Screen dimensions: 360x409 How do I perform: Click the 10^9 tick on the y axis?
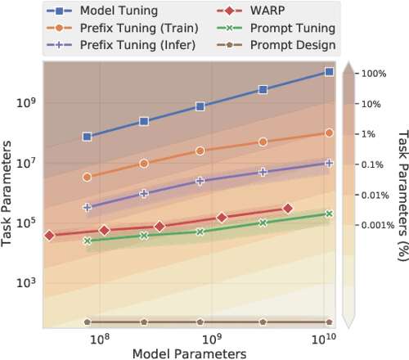coord(25,103)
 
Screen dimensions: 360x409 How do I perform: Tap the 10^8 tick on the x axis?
coord(99,338)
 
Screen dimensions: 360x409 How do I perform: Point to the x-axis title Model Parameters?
coord(189,353)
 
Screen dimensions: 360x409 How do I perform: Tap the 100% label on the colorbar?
coord(373,74)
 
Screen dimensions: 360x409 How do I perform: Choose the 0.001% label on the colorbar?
coord(373,224)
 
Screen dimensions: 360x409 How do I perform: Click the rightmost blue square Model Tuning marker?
coord(329,72)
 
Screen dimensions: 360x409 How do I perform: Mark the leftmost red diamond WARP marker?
coord(49,236)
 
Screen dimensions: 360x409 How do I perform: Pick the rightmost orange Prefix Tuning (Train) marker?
coord(329,133)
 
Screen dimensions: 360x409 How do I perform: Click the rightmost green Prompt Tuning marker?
coord(329,214)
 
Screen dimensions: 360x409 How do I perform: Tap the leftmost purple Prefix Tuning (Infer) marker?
coord(88,208)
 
